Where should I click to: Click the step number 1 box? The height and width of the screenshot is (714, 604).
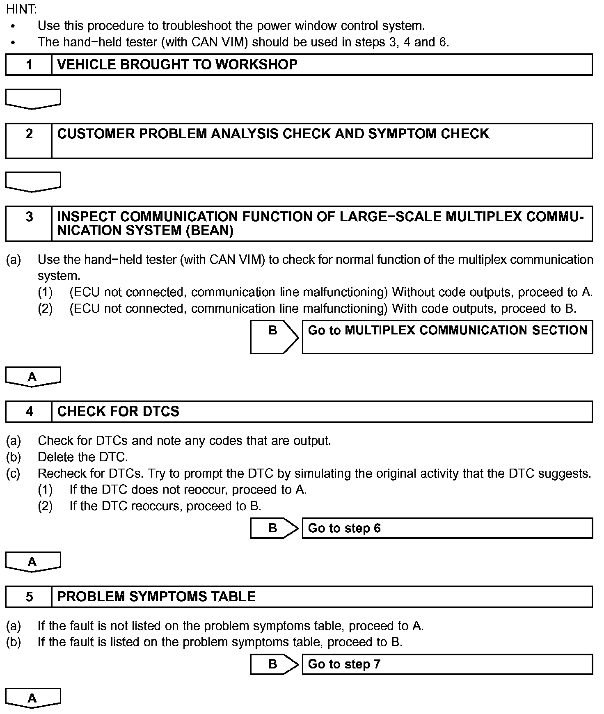[29, 65]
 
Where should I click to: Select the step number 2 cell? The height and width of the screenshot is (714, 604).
[29, 141]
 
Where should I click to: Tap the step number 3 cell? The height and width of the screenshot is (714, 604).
[29, 224]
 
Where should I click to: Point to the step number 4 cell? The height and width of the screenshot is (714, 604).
[29, 412]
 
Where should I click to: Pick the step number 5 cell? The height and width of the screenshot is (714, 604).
[29, 597]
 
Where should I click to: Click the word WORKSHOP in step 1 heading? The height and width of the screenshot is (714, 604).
[256, 65]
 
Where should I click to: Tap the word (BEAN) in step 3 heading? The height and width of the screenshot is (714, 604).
[210, 231]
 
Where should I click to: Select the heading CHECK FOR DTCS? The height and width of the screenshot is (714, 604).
[118, 412]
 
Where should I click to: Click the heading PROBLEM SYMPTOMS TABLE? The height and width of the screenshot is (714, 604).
[156, 597]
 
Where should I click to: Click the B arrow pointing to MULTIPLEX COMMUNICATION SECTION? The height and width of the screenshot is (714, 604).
[274, 337]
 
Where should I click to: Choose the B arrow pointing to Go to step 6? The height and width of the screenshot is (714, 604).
[274, 528]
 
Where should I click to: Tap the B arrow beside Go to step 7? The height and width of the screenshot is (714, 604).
[274, 664]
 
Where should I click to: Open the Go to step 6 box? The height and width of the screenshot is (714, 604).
[447, 528]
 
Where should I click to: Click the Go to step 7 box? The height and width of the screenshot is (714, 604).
[447, 664]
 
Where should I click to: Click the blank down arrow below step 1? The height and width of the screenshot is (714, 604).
[33, 99]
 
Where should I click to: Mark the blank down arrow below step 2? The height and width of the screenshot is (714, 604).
[33, 182]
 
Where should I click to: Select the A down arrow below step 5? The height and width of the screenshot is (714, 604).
[33, 698]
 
